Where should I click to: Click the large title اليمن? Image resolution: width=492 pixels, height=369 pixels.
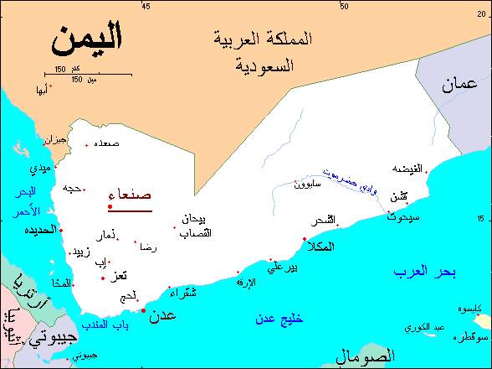tap(85, 38)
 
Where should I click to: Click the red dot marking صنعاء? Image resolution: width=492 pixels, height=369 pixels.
tap(110, 206)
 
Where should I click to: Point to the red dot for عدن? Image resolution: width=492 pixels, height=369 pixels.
tap(143, 310)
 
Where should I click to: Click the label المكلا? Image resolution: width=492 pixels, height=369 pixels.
tap(321, 247)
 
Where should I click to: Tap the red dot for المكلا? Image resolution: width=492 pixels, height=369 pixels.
tap(304, 239)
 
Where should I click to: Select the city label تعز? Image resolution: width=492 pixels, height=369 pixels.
tap(120, 276)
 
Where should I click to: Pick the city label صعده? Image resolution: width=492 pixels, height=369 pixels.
tap(106, 143)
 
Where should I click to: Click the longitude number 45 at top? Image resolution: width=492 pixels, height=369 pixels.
tap(146, 7)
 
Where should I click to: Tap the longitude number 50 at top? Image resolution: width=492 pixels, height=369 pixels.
tap(344, 7)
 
